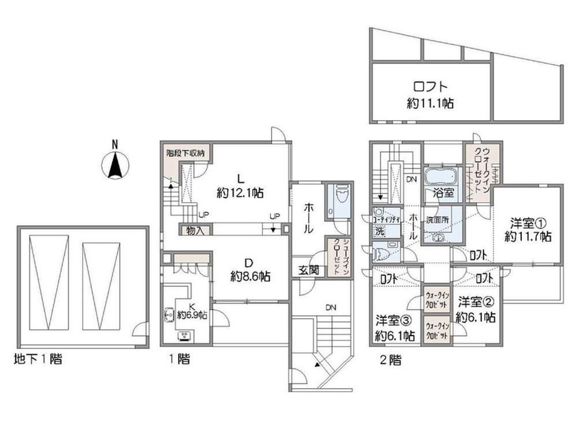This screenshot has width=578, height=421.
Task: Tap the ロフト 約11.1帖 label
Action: pos(430,95)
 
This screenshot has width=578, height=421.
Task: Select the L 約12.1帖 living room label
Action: pos(240,187)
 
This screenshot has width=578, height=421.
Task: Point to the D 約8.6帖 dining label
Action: pos(250,270)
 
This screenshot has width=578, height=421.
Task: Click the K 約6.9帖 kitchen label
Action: pos(192,311)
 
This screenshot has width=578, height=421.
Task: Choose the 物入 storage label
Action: pos(195,230)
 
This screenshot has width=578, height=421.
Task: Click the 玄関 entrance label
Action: pos(309,271)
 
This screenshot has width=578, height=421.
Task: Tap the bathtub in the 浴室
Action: pos(441,177)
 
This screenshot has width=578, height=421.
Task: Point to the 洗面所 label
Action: pos(437,221)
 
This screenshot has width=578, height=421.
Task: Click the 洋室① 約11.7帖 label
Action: pos(528,230)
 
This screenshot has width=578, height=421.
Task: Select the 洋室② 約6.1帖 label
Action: pos(476,310)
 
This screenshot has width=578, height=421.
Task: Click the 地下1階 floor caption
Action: pos(38,359)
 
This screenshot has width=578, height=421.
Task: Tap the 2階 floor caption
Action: pos(390,360)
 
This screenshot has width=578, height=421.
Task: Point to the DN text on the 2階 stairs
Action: pos(412,180)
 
